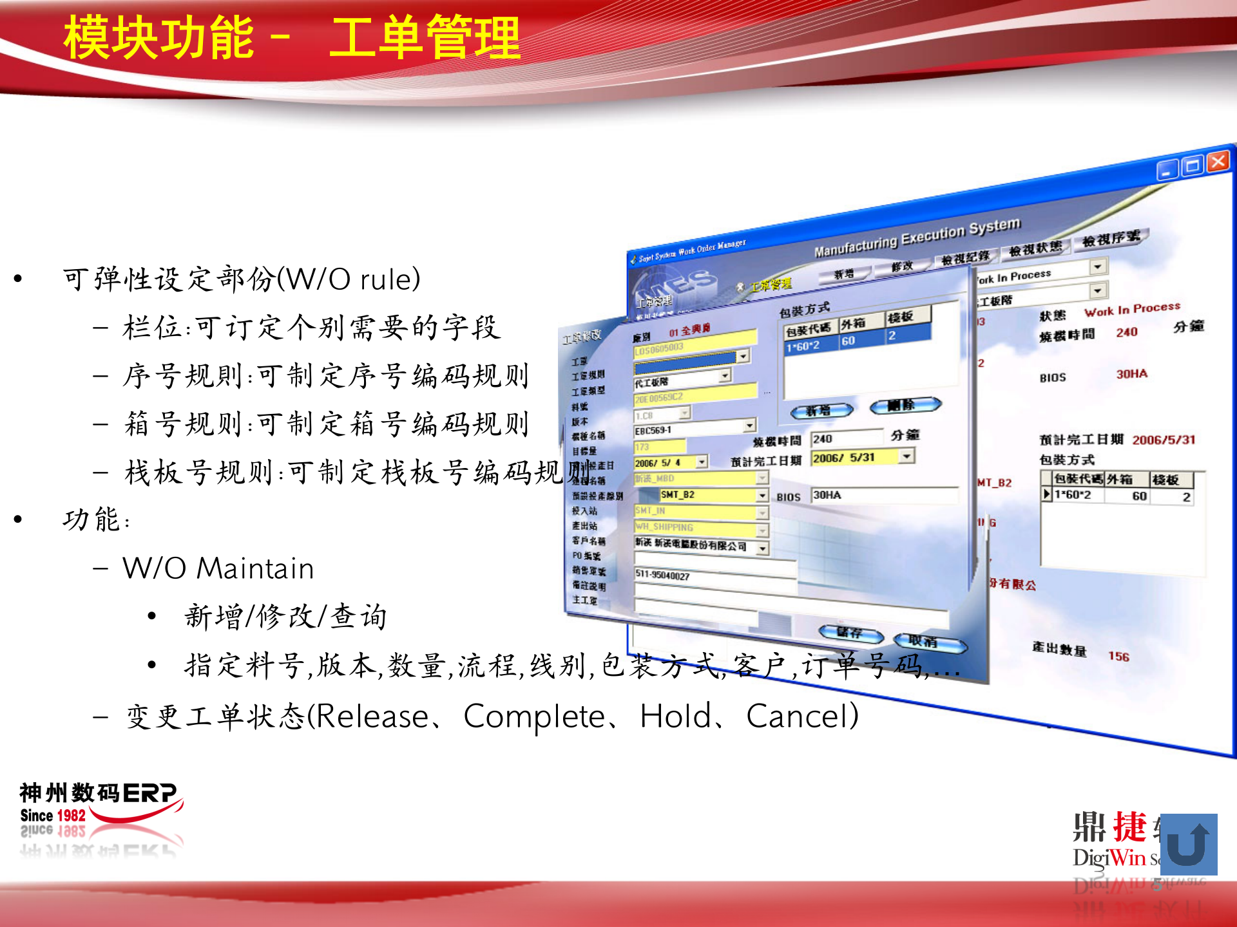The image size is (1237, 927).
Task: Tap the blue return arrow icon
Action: [1188, 844]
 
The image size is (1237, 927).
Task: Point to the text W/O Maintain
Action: [218, 568]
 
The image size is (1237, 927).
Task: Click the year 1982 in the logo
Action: [72, 816]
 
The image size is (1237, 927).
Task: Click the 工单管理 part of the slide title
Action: [425, 37]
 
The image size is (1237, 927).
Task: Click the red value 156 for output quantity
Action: [1118, 657]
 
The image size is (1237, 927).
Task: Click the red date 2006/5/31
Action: [1164, 440]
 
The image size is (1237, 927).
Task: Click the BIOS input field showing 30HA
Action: [883, 495]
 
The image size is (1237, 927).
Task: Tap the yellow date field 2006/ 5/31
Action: [854, 458]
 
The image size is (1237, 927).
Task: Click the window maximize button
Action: [1193, 165]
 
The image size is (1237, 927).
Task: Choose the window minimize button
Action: [1167, 171]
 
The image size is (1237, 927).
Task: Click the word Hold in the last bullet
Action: [675, 716]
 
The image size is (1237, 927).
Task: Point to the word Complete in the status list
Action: [533, 716]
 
